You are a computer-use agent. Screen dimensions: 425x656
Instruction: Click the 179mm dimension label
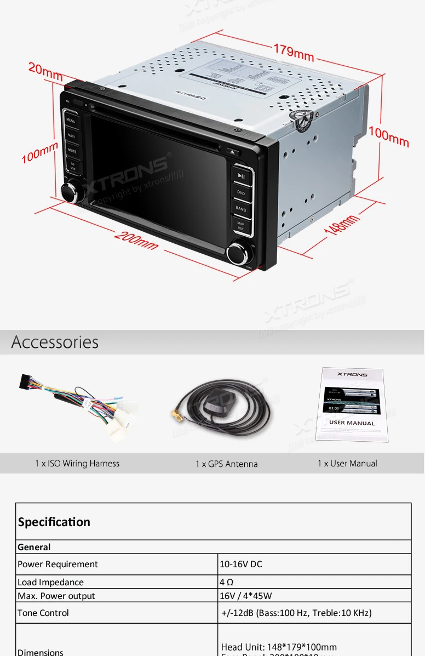tap(294, 52)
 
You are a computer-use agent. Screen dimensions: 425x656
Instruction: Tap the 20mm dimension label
tap(45, 70)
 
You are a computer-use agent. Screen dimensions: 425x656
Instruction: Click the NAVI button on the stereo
tap(71, 135)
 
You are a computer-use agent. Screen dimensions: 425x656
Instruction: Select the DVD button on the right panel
tap(241, 193)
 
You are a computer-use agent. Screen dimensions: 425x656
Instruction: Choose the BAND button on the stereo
tap(241, 209)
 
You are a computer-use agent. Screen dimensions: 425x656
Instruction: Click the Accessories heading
tap(55, 342)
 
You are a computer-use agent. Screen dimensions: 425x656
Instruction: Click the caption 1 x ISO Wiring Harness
tap(77, 464)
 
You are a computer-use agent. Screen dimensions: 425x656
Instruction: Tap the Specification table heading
tap(54, 522)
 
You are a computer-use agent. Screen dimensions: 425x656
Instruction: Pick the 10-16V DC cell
tap(241, 564)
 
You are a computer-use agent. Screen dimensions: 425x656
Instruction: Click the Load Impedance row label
tap(50, 582)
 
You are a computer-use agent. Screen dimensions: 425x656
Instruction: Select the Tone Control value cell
tap(296, 613)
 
